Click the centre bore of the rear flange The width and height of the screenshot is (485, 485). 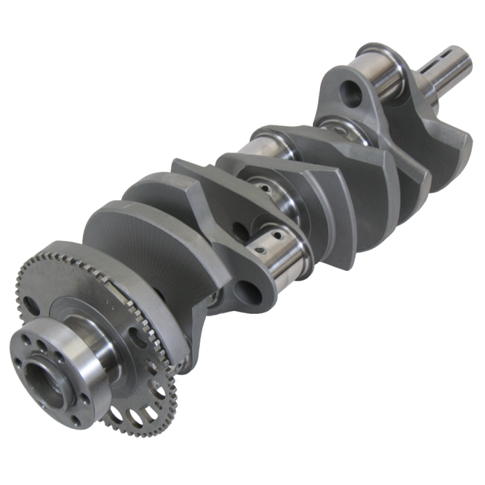pyautogui.click(x=43, y=378)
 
